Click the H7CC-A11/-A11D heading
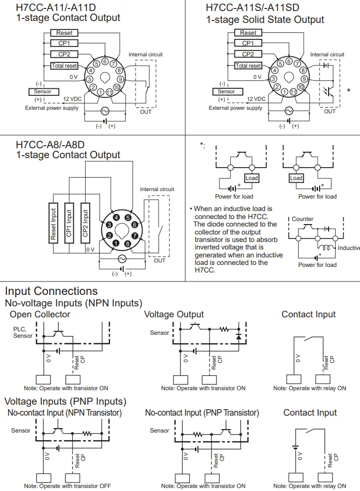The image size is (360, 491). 57,7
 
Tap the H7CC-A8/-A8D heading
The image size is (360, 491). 50,145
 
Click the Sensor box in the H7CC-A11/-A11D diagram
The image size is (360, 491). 43,92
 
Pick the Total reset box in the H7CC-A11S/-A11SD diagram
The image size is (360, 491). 248,66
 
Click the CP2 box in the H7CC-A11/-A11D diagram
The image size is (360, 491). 64,54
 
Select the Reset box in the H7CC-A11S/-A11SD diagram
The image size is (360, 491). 248,33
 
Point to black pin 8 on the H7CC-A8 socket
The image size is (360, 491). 128,244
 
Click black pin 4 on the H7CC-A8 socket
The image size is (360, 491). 116,218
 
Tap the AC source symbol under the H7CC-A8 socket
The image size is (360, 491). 121,259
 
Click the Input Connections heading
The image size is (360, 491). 51,291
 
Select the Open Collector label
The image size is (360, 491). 40,314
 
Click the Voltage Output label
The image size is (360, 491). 174,314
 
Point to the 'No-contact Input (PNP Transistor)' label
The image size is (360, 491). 202,413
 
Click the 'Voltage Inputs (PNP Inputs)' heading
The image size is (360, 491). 65,401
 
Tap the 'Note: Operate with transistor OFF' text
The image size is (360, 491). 67,486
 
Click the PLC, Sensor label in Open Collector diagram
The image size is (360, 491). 23,332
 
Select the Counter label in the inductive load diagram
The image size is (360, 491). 303,219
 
